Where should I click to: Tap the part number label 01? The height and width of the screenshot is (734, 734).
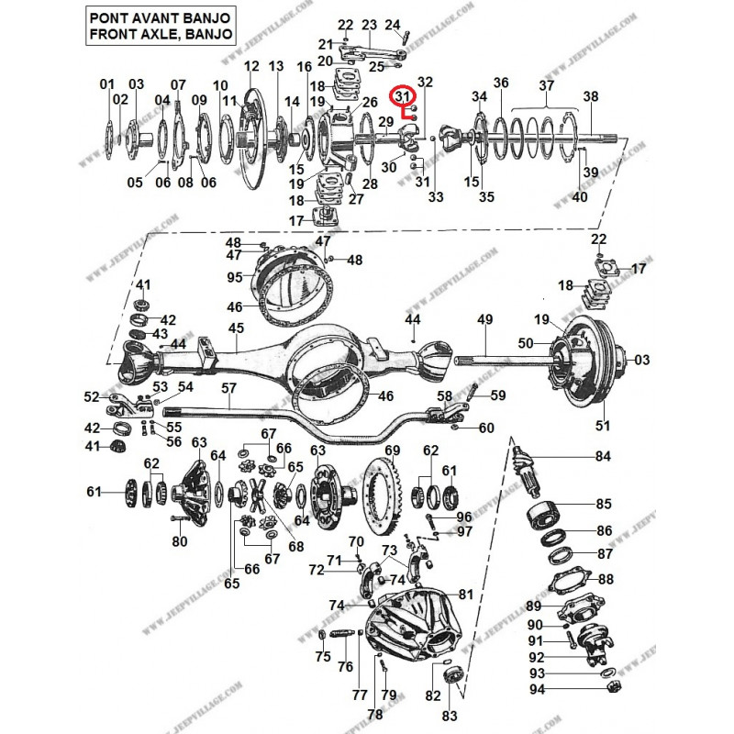click(x=107, y=84)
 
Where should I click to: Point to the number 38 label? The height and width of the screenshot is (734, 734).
click(x=590, y=96)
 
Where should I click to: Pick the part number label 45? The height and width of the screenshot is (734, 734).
click(x=236, y=328)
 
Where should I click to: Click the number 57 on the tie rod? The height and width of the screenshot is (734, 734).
click(x=228, y=388)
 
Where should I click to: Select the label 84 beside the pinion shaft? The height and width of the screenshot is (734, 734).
click(x=602, y=456)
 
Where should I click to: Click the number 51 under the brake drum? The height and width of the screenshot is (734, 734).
click(x=602, y=425)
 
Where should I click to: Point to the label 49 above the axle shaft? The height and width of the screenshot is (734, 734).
click(x=485, y=319)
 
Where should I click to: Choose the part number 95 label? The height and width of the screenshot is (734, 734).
click(x=234, y=277)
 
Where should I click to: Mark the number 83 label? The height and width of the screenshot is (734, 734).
click(x=448, y=716)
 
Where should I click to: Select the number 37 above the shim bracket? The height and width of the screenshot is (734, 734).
click(x=546, y=85)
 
